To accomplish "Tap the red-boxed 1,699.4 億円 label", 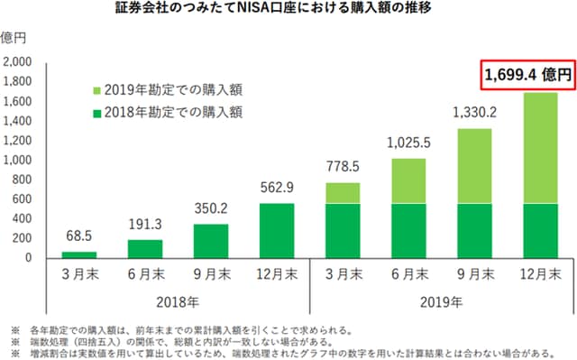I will pos(527,77).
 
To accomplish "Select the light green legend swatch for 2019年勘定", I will pos(99,90).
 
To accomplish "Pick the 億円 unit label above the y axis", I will pos(15,37).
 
